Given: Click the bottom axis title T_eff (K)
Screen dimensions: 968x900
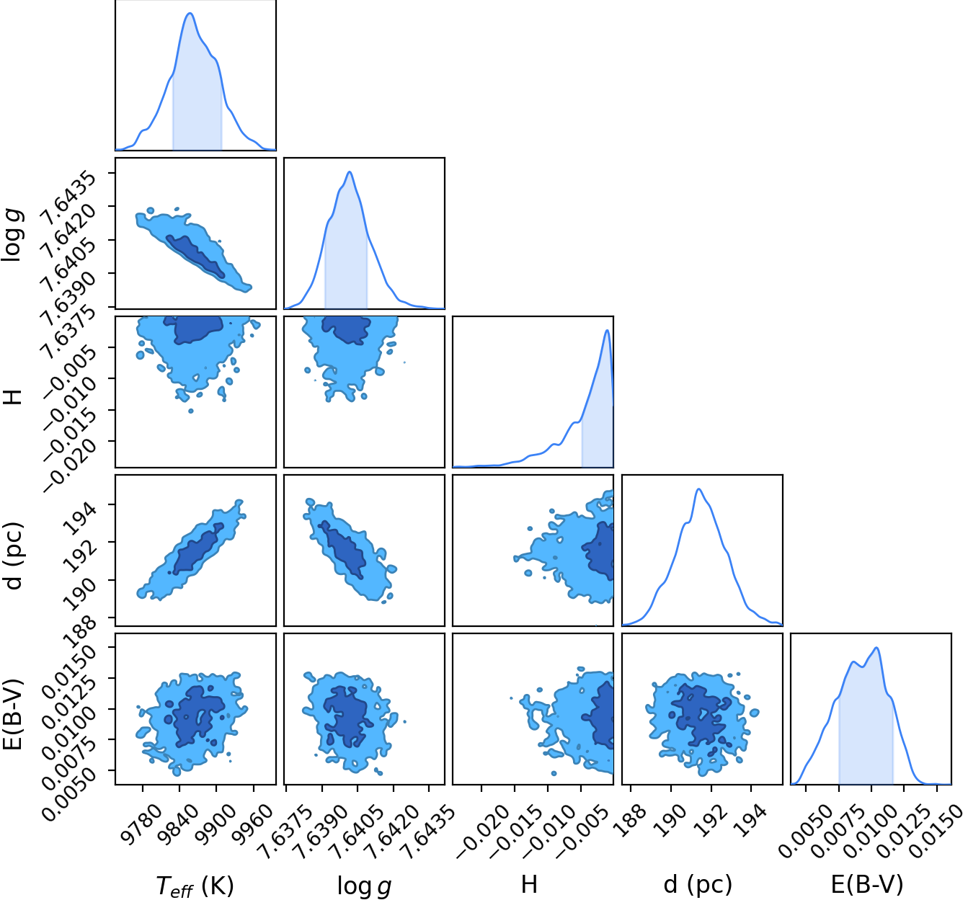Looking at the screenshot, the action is pyautogui.click(x=195, y=885).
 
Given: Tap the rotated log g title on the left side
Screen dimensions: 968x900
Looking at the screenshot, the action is pyautogui.click(x=12, y=236).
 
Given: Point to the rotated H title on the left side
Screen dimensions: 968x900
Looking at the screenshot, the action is pyautogui.click(x=13, y=395).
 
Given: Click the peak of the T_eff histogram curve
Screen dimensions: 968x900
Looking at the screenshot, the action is pyautogui.click(x=190, y=13).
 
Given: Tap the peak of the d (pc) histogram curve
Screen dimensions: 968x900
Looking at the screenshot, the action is pyautogui.click(x=698, y=489).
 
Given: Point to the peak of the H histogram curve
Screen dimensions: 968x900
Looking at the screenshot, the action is pyautogui.click(x=607, y=330).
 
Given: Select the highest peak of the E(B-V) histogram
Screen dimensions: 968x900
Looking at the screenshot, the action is pyautogui.click(x=876, y=648).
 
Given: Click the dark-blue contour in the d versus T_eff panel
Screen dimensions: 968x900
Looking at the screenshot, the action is pyautogui.click(x=197, y=548).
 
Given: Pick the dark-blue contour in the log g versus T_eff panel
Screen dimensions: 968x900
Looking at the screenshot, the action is pyautogui.click(x=195, y=257).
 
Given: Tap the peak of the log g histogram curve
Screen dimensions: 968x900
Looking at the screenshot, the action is pyautogui.click(x=350, y=172).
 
